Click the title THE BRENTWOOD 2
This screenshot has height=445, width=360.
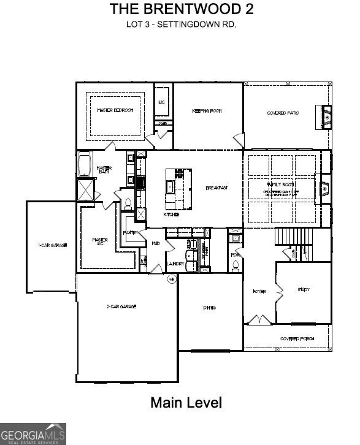click(182, 9)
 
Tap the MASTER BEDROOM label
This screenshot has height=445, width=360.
click(115, 110)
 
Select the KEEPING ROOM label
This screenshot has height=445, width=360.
click(207, 111)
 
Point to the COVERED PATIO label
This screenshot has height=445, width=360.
click(283, 113)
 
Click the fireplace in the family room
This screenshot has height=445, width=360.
click(324, 188)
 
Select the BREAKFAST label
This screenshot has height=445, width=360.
click(216, 188)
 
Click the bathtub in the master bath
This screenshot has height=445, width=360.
click(85, 166)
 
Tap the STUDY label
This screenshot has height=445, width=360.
click(304, 289)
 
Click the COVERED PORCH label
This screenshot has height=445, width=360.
click(297, 339)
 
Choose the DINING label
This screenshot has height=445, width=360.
click(209, 308)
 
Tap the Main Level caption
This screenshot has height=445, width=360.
click(186, 403)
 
